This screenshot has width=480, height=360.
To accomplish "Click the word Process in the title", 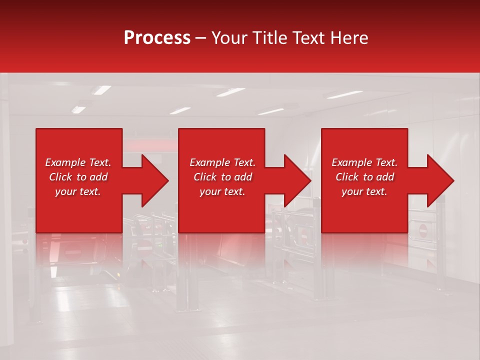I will click(157, 38).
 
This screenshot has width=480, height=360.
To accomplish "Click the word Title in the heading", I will click(267, 38).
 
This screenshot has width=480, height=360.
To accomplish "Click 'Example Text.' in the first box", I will click(78, 162).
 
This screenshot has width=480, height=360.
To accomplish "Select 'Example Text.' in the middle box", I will click(222, 162).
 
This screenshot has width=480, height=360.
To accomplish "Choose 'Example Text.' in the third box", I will click(364, 162).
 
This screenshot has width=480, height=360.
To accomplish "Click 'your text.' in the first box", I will click(78, 191).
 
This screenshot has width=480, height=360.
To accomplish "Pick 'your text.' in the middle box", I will click(222, 191).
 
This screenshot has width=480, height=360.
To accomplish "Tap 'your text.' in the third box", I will click(364, 191).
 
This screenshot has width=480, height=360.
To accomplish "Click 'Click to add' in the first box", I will click(78, 177).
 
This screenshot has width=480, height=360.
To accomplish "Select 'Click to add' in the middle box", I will click(222, 177).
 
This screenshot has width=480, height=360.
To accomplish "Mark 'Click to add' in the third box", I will click(364, 177).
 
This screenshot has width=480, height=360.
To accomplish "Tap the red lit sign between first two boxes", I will click(150, 145).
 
